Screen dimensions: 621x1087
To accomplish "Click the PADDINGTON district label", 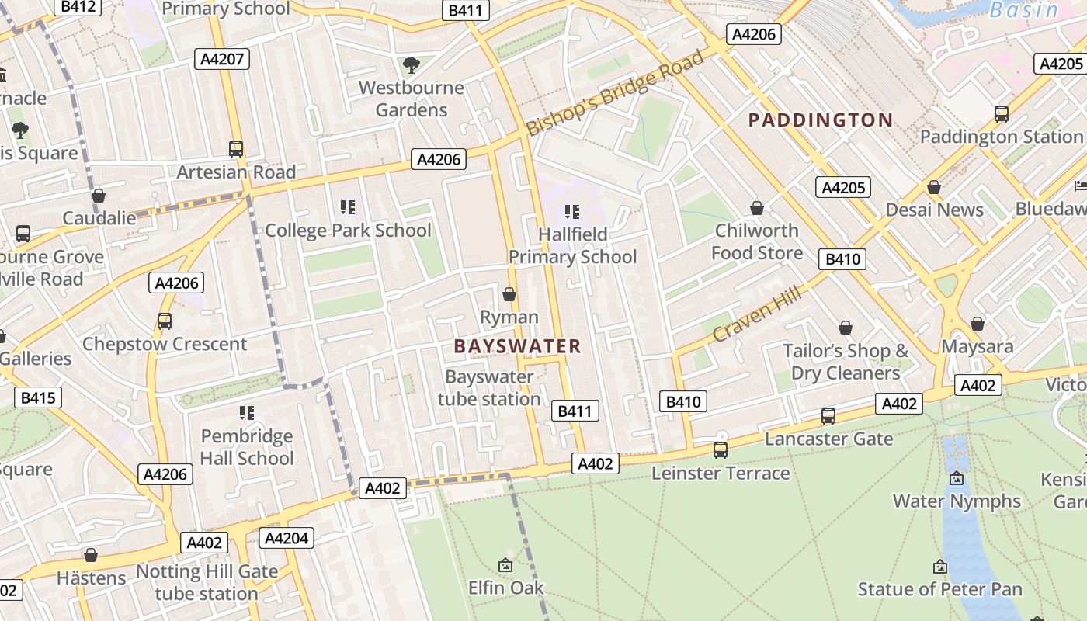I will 820,120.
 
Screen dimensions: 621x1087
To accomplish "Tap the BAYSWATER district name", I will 517,346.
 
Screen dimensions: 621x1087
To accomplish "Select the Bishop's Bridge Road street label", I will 616,93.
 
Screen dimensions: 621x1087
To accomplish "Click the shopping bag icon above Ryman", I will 509,294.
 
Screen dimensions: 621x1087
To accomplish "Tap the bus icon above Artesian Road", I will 236,148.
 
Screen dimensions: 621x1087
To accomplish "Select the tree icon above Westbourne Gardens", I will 411,65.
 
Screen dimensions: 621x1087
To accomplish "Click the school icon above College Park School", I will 348,207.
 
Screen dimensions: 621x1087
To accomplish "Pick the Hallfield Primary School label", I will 572,245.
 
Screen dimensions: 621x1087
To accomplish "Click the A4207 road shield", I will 221,59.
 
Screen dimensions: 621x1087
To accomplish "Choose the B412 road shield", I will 78,7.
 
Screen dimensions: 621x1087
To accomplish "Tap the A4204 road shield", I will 287,538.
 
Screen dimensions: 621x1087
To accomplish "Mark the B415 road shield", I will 38,398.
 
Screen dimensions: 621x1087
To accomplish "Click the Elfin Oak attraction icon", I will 505,565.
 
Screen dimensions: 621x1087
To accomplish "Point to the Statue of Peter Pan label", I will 939,589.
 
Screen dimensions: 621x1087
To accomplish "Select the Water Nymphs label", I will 957,501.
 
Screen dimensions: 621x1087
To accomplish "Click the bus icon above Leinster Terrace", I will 721,450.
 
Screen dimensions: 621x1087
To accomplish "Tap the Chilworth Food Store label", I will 757,241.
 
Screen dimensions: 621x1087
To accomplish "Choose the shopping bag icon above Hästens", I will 91,555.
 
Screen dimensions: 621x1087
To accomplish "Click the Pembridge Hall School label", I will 247,447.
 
